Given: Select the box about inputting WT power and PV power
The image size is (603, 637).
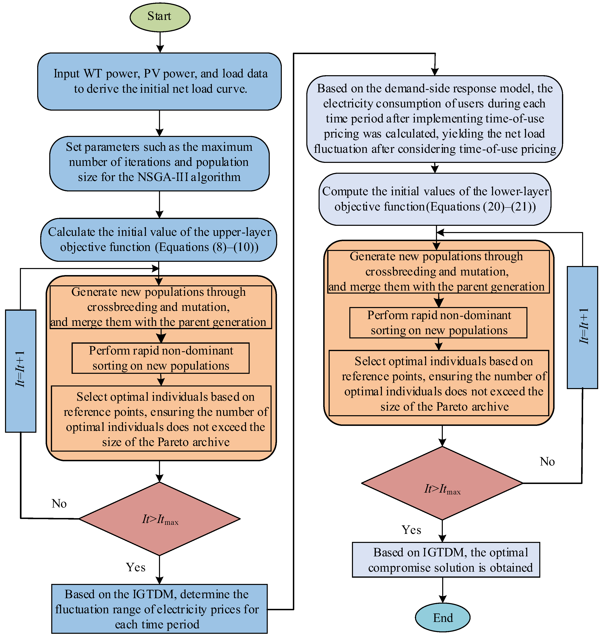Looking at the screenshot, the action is (x=159, y=81).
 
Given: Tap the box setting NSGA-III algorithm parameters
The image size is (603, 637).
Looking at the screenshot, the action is (x=159, y=163).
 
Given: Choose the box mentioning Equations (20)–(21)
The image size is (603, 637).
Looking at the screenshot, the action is (x=435, y=199).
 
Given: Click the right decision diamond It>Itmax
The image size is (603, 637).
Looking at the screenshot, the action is (x=442, y=483).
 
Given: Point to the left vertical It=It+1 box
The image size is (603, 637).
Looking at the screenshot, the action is (x=21, y=371).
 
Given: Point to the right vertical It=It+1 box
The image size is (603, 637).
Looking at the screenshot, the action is (x=582, y=327).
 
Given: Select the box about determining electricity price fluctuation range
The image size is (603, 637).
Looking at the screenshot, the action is (x=159, y=609).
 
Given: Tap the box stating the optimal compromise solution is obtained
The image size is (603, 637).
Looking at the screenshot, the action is (x=446, y=560).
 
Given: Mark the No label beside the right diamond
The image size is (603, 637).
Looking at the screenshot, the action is (x=547, y=461).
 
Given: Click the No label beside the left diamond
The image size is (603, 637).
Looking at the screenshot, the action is (x=59, y=503).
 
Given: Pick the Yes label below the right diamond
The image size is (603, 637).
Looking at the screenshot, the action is (x=411, y=530).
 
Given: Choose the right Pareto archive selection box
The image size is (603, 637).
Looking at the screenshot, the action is (x=439, y=383).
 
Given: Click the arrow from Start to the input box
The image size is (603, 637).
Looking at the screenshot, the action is (x=160, y=42).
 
